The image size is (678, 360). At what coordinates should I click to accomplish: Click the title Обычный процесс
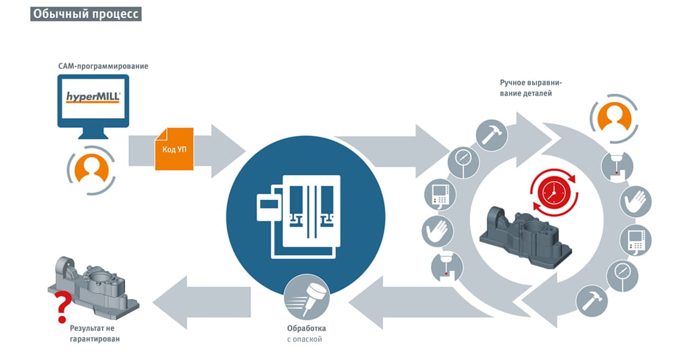86,14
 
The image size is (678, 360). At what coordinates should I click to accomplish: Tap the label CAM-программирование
103,66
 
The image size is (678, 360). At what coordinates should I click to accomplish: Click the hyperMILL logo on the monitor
93,97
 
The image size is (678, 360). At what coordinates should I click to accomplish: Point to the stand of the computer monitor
93,133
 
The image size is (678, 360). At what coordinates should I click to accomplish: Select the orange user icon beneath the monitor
91,170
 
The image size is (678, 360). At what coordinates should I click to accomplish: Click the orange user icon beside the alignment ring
614,118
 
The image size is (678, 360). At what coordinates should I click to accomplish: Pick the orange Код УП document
174,149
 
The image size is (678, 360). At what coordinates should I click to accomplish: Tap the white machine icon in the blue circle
299,217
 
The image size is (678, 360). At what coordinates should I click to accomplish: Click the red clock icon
554,193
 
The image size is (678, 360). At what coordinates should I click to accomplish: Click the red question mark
63,307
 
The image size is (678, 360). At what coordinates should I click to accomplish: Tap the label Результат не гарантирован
95,333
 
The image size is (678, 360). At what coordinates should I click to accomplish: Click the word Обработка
306,328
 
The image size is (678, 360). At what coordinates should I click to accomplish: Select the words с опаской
305,339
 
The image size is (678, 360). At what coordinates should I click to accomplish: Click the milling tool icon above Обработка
307,297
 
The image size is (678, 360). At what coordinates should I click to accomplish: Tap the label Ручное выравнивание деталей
530,88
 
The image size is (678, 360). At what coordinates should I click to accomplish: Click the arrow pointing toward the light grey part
202,302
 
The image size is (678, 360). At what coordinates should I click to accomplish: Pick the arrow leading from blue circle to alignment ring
394,152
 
